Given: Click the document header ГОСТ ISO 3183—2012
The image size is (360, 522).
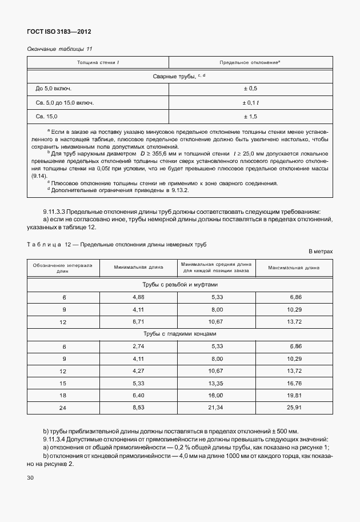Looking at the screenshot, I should [x=59, y=33].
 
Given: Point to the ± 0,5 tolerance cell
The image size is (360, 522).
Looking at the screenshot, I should [x=250, y=89].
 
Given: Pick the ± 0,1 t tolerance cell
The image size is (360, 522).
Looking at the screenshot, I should [x=250, y=103].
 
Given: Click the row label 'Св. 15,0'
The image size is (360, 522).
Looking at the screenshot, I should [x=46, y=117].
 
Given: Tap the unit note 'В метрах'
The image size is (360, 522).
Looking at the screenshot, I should [x=320, y=251].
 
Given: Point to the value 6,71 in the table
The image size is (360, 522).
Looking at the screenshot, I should [x=139, y=322].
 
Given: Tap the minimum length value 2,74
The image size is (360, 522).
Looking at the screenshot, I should [x=139, y=347].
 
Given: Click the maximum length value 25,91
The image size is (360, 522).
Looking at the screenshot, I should [x=295, y=407].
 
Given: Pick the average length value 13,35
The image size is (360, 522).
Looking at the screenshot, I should [x=217, y=383].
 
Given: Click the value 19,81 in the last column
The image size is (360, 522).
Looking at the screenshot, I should [x=295, y=395].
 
